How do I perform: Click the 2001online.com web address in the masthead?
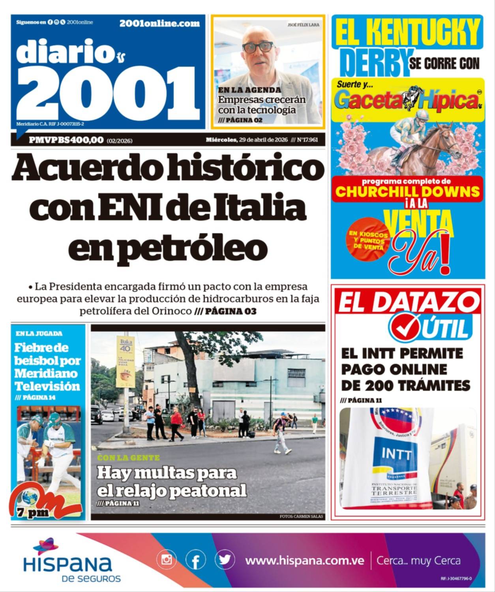pyautogui.click(x=159, y=24)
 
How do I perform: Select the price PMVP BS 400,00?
pyautogui.click(x=66, y=140)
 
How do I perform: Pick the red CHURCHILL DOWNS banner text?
pyautogui.click(x=407, y=192)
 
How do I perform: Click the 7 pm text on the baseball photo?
pyautogui.click(x=33, y=513)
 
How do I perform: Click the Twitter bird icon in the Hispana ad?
pyautogui.click(x=225, y=560)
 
